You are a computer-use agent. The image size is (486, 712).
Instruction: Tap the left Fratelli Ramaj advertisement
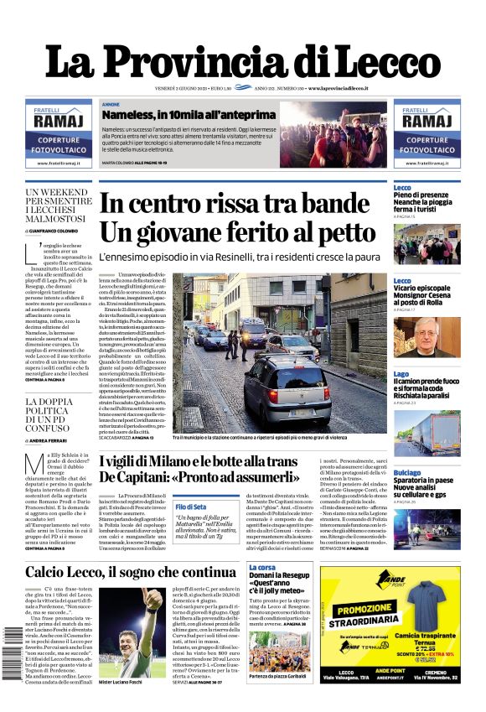tap(58, 134)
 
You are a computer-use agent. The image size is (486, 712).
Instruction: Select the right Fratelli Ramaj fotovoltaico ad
tap(427, 134)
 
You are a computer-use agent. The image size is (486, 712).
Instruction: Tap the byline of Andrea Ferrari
tap(55, 440)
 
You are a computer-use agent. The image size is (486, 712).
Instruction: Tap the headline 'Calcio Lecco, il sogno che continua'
tap(118, 572)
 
